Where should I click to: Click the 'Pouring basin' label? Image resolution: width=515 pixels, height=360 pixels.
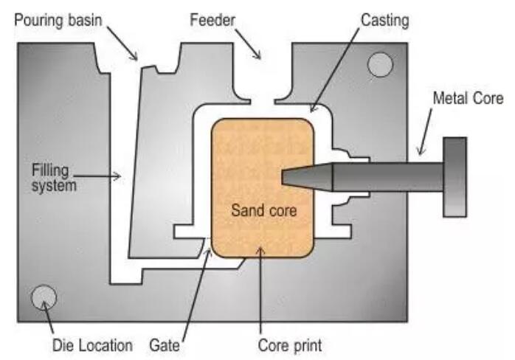58,21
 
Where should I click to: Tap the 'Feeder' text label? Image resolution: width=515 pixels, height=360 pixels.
212,20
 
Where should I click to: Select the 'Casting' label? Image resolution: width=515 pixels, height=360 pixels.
384,21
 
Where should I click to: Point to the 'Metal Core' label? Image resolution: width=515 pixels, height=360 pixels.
468,98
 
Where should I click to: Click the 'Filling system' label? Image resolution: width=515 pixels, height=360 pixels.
54,178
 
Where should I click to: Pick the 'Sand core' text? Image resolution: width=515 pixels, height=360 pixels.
263,210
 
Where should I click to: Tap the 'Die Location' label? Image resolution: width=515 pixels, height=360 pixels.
93,345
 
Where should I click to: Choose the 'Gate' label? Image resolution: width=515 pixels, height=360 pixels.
165,345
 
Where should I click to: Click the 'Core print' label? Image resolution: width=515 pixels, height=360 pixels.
290,345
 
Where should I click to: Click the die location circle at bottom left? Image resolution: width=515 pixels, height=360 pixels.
44,297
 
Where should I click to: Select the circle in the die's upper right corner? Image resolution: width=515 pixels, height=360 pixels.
380,65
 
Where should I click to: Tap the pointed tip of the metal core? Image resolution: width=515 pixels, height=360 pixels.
283,177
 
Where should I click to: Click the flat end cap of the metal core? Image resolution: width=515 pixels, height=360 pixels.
454,177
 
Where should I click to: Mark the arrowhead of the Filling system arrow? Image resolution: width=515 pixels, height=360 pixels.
118,176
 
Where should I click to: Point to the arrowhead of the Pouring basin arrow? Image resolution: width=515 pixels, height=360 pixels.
134,57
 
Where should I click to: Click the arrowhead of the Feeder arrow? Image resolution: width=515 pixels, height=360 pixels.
257,55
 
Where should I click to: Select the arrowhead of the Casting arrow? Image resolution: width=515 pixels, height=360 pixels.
313,108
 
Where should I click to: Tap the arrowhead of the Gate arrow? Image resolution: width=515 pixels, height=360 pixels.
208,252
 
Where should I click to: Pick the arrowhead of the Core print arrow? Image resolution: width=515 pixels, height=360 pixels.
260,251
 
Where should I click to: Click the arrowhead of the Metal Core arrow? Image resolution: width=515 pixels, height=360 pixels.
421,150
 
